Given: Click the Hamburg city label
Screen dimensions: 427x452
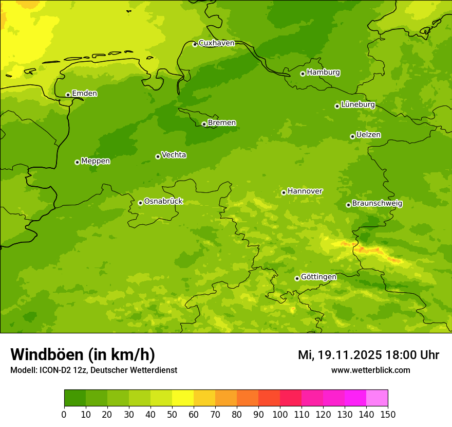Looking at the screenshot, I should click(x=323, y=73).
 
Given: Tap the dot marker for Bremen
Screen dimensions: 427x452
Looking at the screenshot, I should click(x=204, y=124).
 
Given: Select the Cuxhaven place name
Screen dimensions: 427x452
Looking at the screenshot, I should click(x=216, y=43).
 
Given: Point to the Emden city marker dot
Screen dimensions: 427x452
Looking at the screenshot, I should click(x=68, y=95).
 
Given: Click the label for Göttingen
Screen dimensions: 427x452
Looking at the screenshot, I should click(x=318, y=277).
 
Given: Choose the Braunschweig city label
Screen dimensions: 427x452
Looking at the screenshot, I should click(x=377, y=204).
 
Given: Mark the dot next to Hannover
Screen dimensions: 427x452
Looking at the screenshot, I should click(x=284, y=192).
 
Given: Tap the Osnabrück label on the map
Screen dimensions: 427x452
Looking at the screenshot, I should click(x=163, y=202).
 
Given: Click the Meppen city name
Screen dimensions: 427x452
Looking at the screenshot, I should click(x=96, y=161).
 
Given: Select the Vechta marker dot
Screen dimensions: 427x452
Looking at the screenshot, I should click(x=158, y=156).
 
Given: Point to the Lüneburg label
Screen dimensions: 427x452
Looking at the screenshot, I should click(x=358, y=104).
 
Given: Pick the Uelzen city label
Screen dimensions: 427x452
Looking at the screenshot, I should click(x=368, y=135).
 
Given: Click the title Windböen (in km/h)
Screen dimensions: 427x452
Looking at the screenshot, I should click(x=83, y=354).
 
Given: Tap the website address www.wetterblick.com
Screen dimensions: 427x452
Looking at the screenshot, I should click(x=370, y=370).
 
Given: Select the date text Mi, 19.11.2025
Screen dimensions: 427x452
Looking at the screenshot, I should click(x=340, y=355).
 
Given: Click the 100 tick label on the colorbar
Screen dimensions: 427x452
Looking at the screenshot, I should click(x=280, y=414).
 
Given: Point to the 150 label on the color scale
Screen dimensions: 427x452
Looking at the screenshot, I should click(x=388, y=414).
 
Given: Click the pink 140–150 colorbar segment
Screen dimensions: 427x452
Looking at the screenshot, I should click(x=377, y=398).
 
